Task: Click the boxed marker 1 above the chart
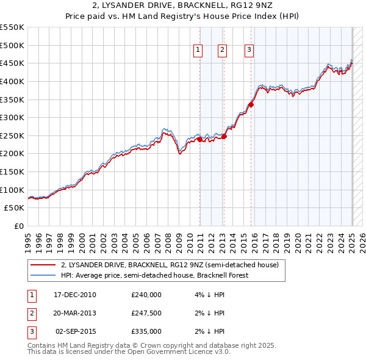(199, 51)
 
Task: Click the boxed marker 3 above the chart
(249, 51)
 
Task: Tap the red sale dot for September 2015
(251, 104)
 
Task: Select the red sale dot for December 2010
(199, 139)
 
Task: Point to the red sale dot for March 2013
(224, 136)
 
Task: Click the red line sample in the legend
(43, 265)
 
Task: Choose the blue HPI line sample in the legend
(43, 275)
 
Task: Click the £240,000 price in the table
(146, 295)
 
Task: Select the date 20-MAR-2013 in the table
(74, 313)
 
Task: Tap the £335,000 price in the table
(146, 331)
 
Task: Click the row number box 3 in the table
(32, 331)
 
